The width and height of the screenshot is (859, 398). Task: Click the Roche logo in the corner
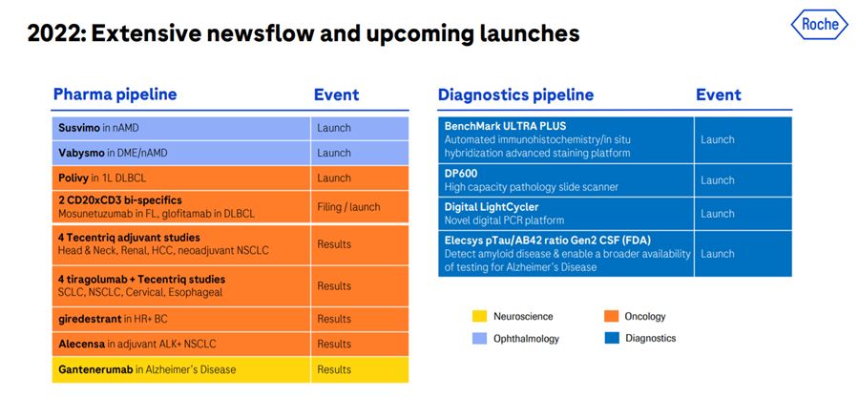819,24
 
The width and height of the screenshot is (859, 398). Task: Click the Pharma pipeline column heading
115,94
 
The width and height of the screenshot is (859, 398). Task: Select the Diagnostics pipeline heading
515,94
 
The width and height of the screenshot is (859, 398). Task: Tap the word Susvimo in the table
79,128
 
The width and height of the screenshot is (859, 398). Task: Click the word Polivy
73,178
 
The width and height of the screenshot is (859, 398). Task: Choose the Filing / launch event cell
348,207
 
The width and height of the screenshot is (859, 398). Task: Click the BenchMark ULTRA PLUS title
505,126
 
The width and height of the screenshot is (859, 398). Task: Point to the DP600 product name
461,174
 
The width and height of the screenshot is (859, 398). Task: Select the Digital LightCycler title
491,207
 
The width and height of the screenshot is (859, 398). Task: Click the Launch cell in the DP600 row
717,180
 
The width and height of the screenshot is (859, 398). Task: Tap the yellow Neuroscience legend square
479,316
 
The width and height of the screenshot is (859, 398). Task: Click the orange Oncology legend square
611,316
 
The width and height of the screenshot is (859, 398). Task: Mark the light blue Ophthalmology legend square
479,338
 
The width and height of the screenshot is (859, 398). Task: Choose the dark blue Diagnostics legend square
611,338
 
